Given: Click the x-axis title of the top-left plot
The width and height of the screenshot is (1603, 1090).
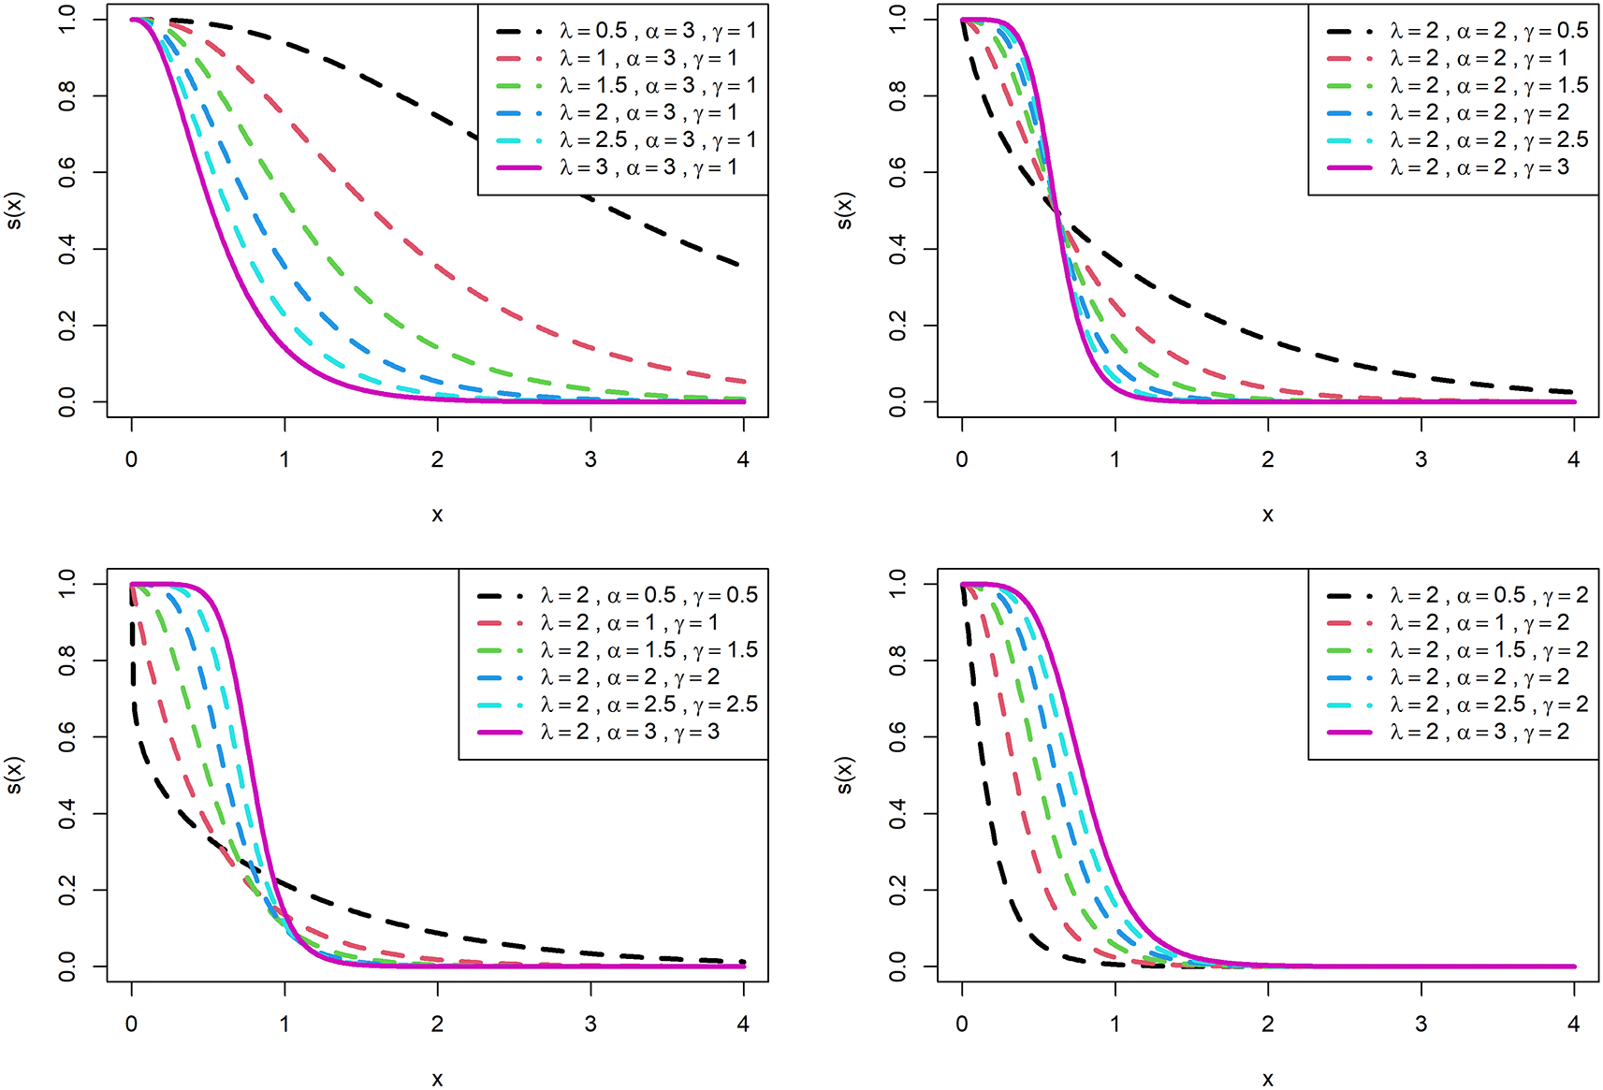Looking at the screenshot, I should (x=437, y=515).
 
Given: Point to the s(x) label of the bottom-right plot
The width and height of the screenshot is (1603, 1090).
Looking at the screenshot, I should (x=844, y=775).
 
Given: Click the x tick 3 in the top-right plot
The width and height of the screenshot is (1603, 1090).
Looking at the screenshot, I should (x=1421, y=459).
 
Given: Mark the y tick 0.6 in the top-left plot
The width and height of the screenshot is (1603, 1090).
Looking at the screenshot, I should (x=67, y=172).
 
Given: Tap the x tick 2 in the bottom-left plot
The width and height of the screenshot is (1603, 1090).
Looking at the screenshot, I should (x=437, y=1024).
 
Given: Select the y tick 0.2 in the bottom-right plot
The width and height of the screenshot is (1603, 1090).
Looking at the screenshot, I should (x=897, y=890).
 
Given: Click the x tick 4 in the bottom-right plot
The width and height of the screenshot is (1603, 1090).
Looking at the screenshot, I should (x=1574, y=1024).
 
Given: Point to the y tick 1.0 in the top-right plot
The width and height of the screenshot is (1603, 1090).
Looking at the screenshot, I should (x=897, y=20).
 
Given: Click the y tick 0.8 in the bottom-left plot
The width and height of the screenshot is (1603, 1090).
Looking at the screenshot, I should (x=67, y=661).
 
